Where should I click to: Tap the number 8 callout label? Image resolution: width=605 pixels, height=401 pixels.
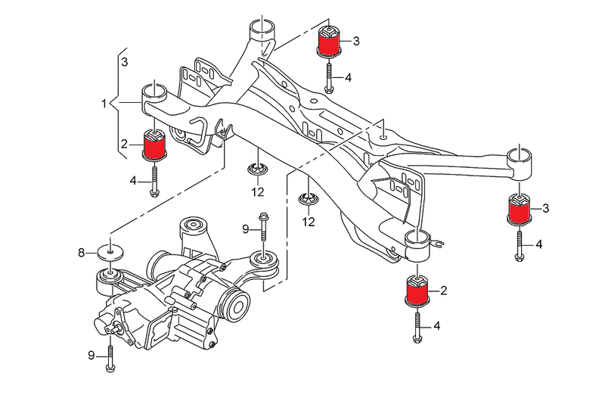tap(82, 252)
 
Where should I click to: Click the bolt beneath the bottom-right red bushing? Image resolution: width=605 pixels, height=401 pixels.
tap(418, 327)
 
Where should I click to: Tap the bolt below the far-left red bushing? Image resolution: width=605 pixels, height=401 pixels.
tap(155, 182)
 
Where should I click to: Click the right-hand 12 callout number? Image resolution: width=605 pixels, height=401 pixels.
tap(309, 222)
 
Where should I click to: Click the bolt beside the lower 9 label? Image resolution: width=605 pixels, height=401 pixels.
tap(110, 356)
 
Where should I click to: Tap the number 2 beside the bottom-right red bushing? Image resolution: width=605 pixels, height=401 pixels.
tap(444, 291)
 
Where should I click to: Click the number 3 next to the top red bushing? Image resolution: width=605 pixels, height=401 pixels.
tap(355, 40)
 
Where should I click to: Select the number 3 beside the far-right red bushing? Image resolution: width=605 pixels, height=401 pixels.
tap(545, 208)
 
